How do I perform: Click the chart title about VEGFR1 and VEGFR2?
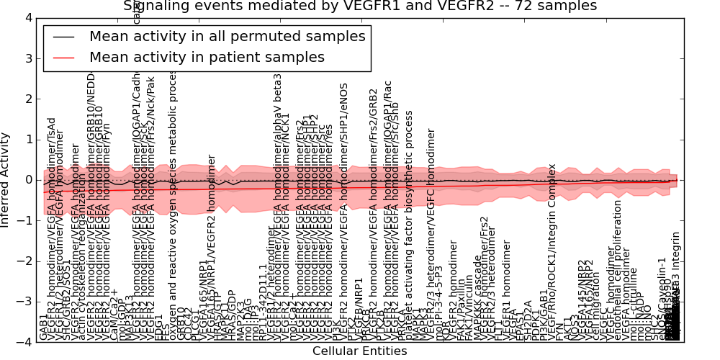pyautogui.click(x=360, y=6)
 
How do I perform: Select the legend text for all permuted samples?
pyautogui.click(x=227, y=37)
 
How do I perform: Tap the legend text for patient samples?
pyautogui.click(x=207, y=57)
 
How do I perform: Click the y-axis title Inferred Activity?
pyautogui.click(x=6, y=180)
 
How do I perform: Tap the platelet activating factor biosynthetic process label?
pyautogui.click(x=410, y=216)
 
